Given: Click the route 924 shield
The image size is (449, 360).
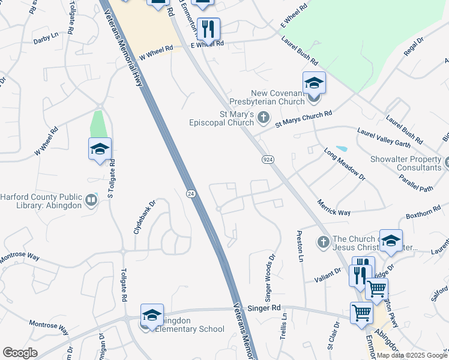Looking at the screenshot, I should click(x=268, y=159).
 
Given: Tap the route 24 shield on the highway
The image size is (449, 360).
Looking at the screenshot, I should click(x=190, y=193).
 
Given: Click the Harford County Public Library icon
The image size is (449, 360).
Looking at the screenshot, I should click(x=91, y=200).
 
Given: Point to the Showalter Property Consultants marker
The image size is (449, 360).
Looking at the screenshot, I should click(x=446, y=161).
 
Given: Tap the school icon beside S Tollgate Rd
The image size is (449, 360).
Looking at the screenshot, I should click(x=100, y=149).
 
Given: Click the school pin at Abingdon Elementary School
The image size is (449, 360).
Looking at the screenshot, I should click(x=152, y=316).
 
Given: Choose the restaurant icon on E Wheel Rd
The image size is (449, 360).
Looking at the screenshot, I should click(x=208, y=29).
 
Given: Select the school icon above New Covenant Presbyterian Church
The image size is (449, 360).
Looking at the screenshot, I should click(x=314, y=83).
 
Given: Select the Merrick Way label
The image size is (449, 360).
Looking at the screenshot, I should click(x=334, y=208).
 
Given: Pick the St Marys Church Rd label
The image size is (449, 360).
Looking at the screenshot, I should click(x=303, y=118).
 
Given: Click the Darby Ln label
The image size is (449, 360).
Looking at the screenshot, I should click(x=46, y=37).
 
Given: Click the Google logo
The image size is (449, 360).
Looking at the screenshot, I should click(x=20, y=353).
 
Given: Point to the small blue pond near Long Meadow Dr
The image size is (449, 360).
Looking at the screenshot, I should click(x=342, y=148).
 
